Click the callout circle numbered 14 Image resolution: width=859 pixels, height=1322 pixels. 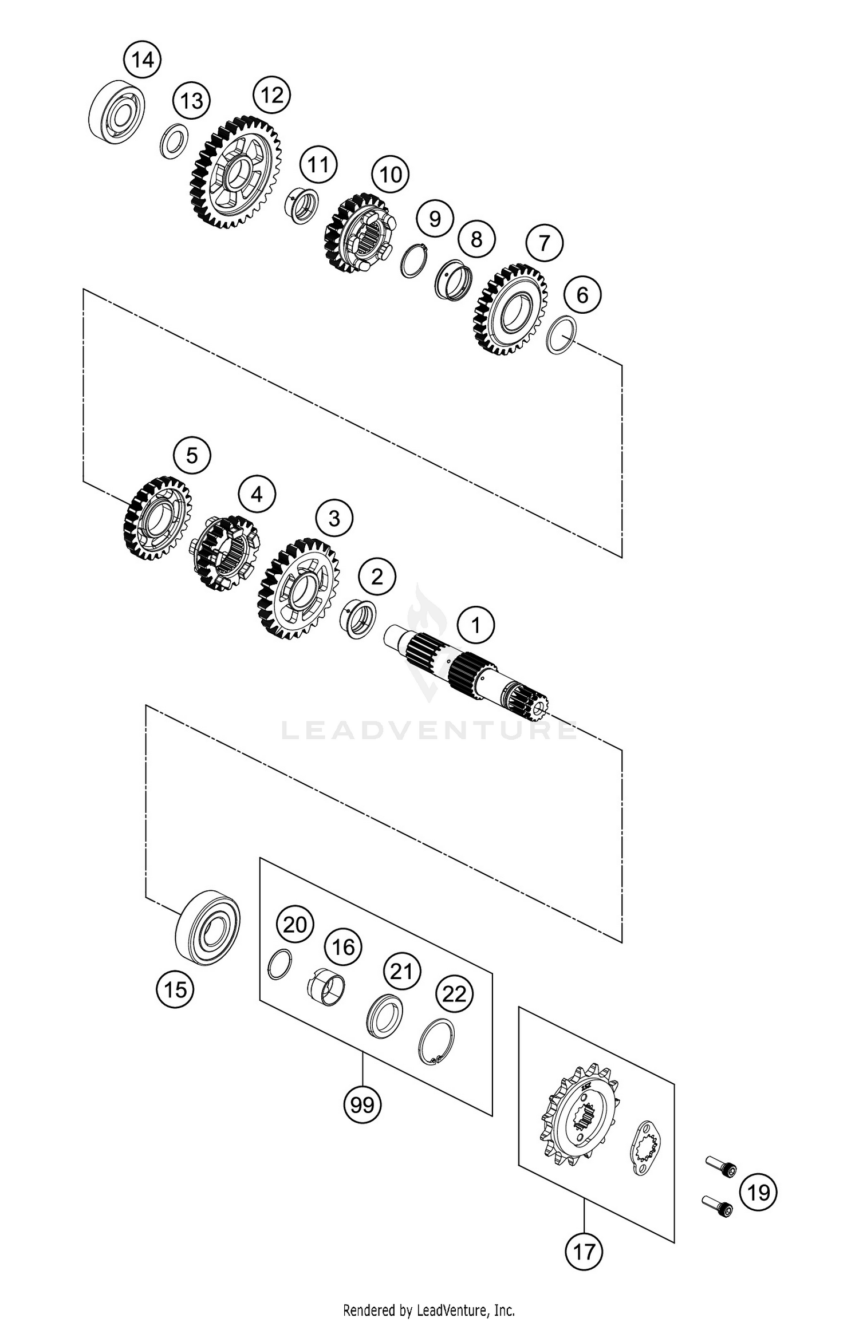click(x=143, y=60)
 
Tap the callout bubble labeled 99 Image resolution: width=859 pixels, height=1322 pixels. click(x=362, y=1104)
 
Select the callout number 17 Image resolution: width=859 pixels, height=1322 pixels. click(x=584, y=1252)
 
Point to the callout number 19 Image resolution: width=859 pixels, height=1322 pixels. click(x=758, y=1193)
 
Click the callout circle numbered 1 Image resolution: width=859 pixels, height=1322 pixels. click(x=476, y=626)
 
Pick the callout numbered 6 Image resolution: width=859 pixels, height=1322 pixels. click(x=582, y=295)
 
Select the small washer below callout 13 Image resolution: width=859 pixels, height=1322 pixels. click(x=174, y=141)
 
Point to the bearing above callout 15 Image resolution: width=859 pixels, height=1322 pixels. click(x=207, y=928)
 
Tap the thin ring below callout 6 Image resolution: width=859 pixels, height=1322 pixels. click(x=561, y=334)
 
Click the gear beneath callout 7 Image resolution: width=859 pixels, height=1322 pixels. click(x=510, y=309)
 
